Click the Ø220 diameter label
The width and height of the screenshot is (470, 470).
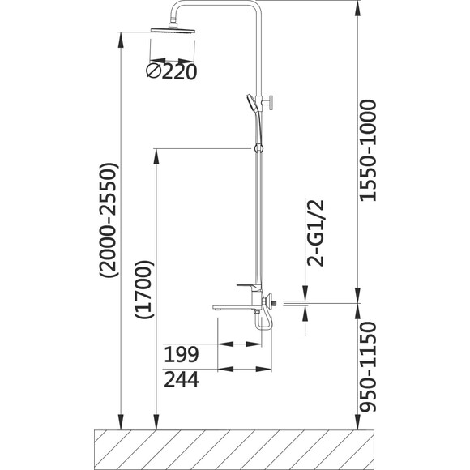(172, 71)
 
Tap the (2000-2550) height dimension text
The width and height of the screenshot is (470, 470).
(109, 220)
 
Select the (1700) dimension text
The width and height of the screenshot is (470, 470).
(144, 289)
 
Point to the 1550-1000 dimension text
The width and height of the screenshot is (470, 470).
(367, 151)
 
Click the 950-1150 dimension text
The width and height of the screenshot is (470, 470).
(367, 366)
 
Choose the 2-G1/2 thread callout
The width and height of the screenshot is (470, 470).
(315, 233)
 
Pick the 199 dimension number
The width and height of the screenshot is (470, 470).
(182, 354)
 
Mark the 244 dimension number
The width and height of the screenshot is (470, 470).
(182, 379)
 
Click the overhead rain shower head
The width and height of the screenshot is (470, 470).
(173, 30)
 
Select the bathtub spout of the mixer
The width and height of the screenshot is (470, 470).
(233, 308)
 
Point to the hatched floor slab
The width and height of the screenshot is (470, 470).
(234, 450)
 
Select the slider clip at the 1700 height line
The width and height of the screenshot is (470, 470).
(258, 148)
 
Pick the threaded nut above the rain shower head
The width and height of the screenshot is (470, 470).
(173, 24)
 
